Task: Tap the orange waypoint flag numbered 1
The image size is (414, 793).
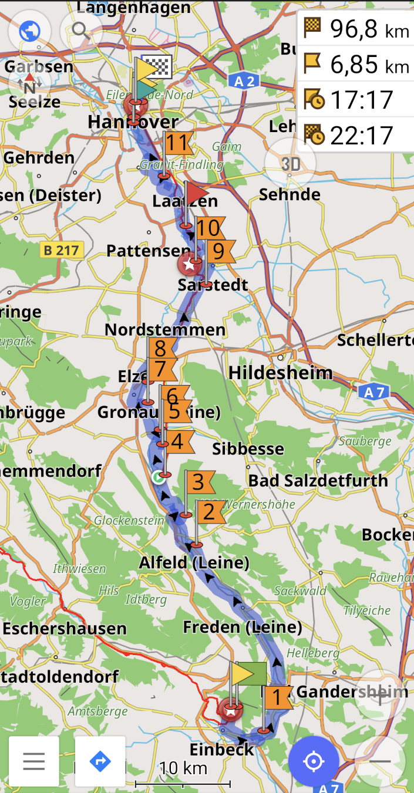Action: [x=277, y=698]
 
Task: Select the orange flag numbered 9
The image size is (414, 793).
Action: [x=219, y=251]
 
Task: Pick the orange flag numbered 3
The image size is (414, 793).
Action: [x=199, y=482]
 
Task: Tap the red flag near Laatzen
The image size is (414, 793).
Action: [x=197, y=192]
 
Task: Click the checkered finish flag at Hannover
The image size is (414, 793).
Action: [x=157, y=67]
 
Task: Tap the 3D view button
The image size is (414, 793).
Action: [x=290, y=164]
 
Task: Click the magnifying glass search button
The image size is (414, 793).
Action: [x=81, y=31]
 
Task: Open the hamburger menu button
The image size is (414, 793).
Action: [x=34, y=761]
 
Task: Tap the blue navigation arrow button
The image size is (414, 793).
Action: [x=100, y=761]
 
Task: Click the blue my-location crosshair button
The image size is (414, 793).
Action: [x=314, y=761]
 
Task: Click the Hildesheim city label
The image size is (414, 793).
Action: [x=280, y=373]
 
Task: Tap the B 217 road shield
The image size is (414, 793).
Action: [x=61, y=251]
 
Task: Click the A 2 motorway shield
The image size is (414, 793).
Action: [x=243, y=82]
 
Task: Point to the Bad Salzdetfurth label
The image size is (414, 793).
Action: [x=318, y=481]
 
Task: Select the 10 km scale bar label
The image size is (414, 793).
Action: [x=183, y=768]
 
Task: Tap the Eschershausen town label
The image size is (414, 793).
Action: [x=65, y=629]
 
